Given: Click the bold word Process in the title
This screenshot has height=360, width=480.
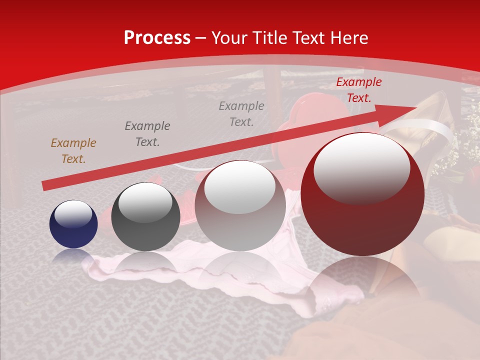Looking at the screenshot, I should pyautogui.click(x=157, y=38).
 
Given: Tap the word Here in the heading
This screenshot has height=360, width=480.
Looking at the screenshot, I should pyautogui.click(x=348, y=38).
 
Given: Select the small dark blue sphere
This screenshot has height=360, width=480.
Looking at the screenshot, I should pyautogui.click(x=73, y=224).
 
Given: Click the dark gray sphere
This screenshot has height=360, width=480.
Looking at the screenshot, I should pyautogui.click(x=145, y=217).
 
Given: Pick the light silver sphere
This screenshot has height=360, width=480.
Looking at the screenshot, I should pyautogui.click(x=240, y=205).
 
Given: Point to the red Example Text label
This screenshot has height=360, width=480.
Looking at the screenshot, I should pyautogui.click(x=358, y=90).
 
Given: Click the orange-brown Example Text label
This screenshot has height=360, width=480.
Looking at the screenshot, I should pyautogui.click(x=73, y=151).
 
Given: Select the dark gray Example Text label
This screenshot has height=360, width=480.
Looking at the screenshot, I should pyautogui.click(x=147, y=134).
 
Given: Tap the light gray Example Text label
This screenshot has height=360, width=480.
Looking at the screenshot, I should pyautogui.click(x=241, y=114).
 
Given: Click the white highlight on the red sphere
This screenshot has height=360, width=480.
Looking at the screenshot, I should pyautogui.click(x=361, y=167).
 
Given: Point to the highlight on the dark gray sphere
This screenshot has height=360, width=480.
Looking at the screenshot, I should pyautogui.click(x=145, y=202).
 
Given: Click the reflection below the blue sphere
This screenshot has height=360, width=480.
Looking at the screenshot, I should pyautogui.click(x=73, y=256).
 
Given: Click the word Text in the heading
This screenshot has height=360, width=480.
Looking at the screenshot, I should pyautogui.click(x=308, y=38).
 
